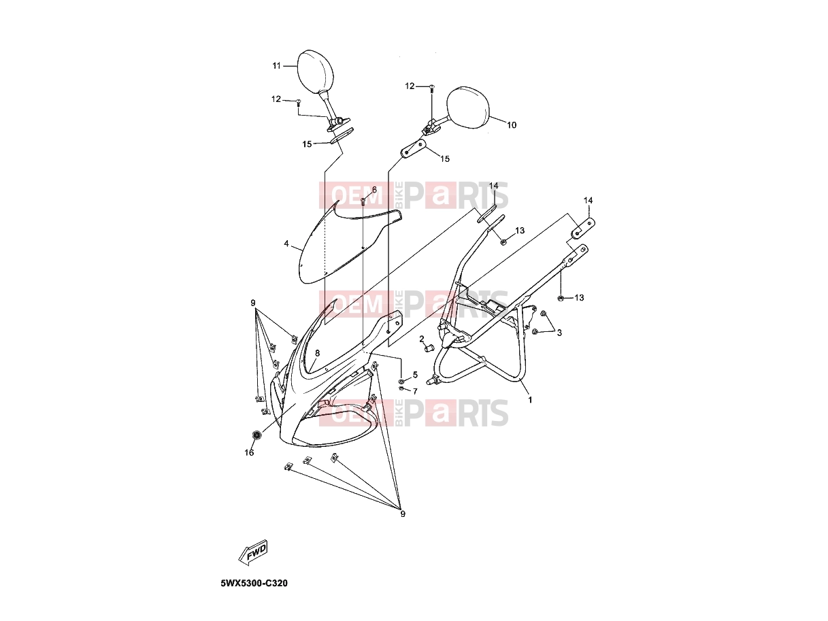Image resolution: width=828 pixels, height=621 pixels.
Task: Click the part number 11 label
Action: [x=276, y=66]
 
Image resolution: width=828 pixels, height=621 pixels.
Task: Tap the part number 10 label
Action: [x=511, y=125]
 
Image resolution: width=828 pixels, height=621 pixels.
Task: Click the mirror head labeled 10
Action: [x=468, y=107]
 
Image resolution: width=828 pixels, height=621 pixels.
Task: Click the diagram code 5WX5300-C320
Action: [x=254, y=584]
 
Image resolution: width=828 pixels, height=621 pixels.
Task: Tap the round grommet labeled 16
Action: [x=256, y=435]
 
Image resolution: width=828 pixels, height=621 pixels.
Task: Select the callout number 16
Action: [x=249, y=452]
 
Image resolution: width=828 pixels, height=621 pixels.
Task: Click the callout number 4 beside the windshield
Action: [x=286, y=244]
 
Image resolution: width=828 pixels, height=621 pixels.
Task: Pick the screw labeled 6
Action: [x=363, y=201]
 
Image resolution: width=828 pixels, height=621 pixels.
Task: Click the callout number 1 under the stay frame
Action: [x=529, y=400]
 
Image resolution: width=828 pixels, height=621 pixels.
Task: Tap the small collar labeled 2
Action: [x=429, y=348]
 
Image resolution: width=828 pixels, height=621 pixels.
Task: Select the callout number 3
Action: [x=559, y=333]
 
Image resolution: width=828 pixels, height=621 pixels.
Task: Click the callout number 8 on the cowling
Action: [x=317, y=353]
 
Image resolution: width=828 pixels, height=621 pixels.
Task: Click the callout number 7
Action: [x=415, y=391]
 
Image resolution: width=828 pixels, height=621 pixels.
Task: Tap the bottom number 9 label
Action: [x=403, y=514]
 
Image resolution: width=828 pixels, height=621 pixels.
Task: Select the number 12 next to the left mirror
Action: [x=276, y=99]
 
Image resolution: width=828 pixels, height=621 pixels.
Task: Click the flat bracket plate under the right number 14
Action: [x=583, y=229]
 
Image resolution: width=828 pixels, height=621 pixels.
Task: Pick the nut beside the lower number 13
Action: [x=561, y=298]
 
